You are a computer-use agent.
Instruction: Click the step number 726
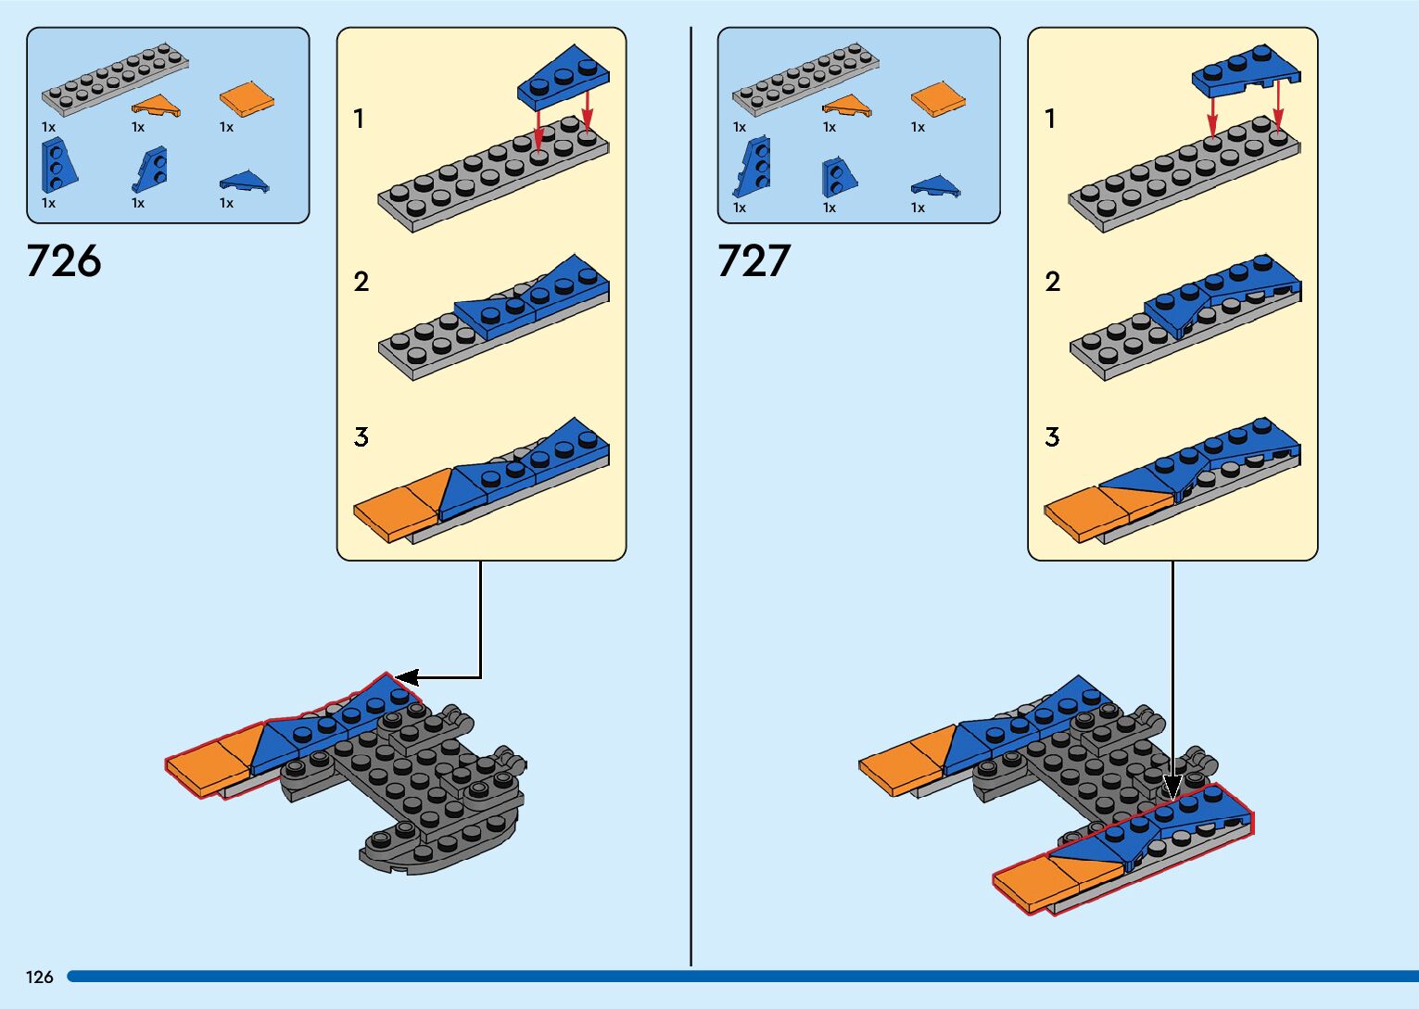tap(64, 261)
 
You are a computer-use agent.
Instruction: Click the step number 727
tap(754, 261)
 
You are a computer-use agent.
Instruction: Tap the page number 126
tap(40, 977)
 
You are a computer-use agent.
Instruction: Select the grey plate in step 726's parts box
tap(114, 78)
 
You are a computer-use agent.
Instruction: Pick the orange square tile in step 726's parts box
tap(247, 99)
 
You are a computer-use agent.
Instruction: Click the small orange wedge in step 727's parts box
tap(846, 106)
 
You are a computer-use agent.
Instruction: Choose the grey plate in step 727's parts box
tap(805, 78)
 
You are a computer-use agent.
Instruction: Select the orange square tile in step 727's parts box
tap(938, 99)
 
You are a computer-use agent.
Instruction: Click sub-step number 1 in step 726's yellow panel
tap(359, 119)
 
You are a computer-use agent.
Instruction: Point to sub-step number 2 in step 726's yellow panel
tap(361, 282)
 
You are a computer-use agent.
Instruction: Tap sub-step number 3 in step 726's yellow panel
tap(361, 436)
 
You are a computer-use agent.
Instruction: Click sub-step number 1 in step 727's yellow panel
tap(1050, 119)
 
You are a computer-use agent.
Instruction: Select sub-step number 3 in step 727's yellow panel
tap(1052, 436)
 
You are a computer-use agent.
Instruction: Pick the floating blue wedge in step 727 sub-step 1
tap(1245, 70)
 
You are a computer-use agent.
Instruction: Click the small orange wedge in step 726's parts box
tap(157, 107)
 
